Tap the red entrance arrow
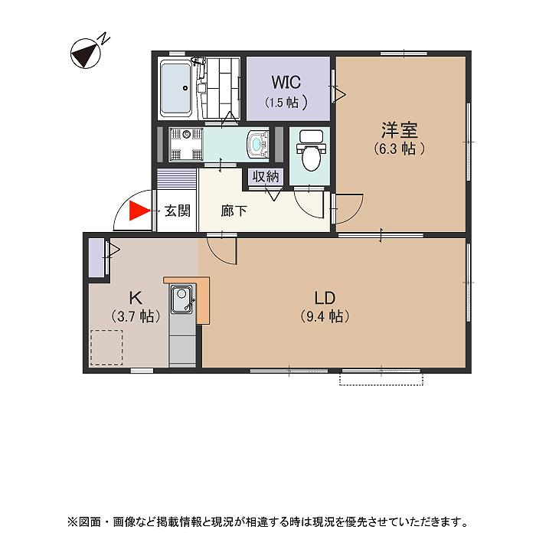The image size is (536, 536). [138, 211]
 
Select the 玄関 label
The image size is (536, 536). [178, 211]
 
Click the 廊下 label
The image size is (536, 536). [234, 211]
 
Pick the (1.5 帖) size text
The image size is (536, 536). [286, 102]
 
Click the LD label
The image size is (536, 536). [325, 297]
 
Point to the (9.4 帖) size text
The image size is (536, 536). [325, 316]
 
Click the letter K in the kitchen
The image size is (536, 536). [134, 297]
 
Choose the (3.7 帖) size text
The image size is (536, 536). [134, 315]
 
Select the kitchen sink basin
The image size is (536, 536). [182, 299]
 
